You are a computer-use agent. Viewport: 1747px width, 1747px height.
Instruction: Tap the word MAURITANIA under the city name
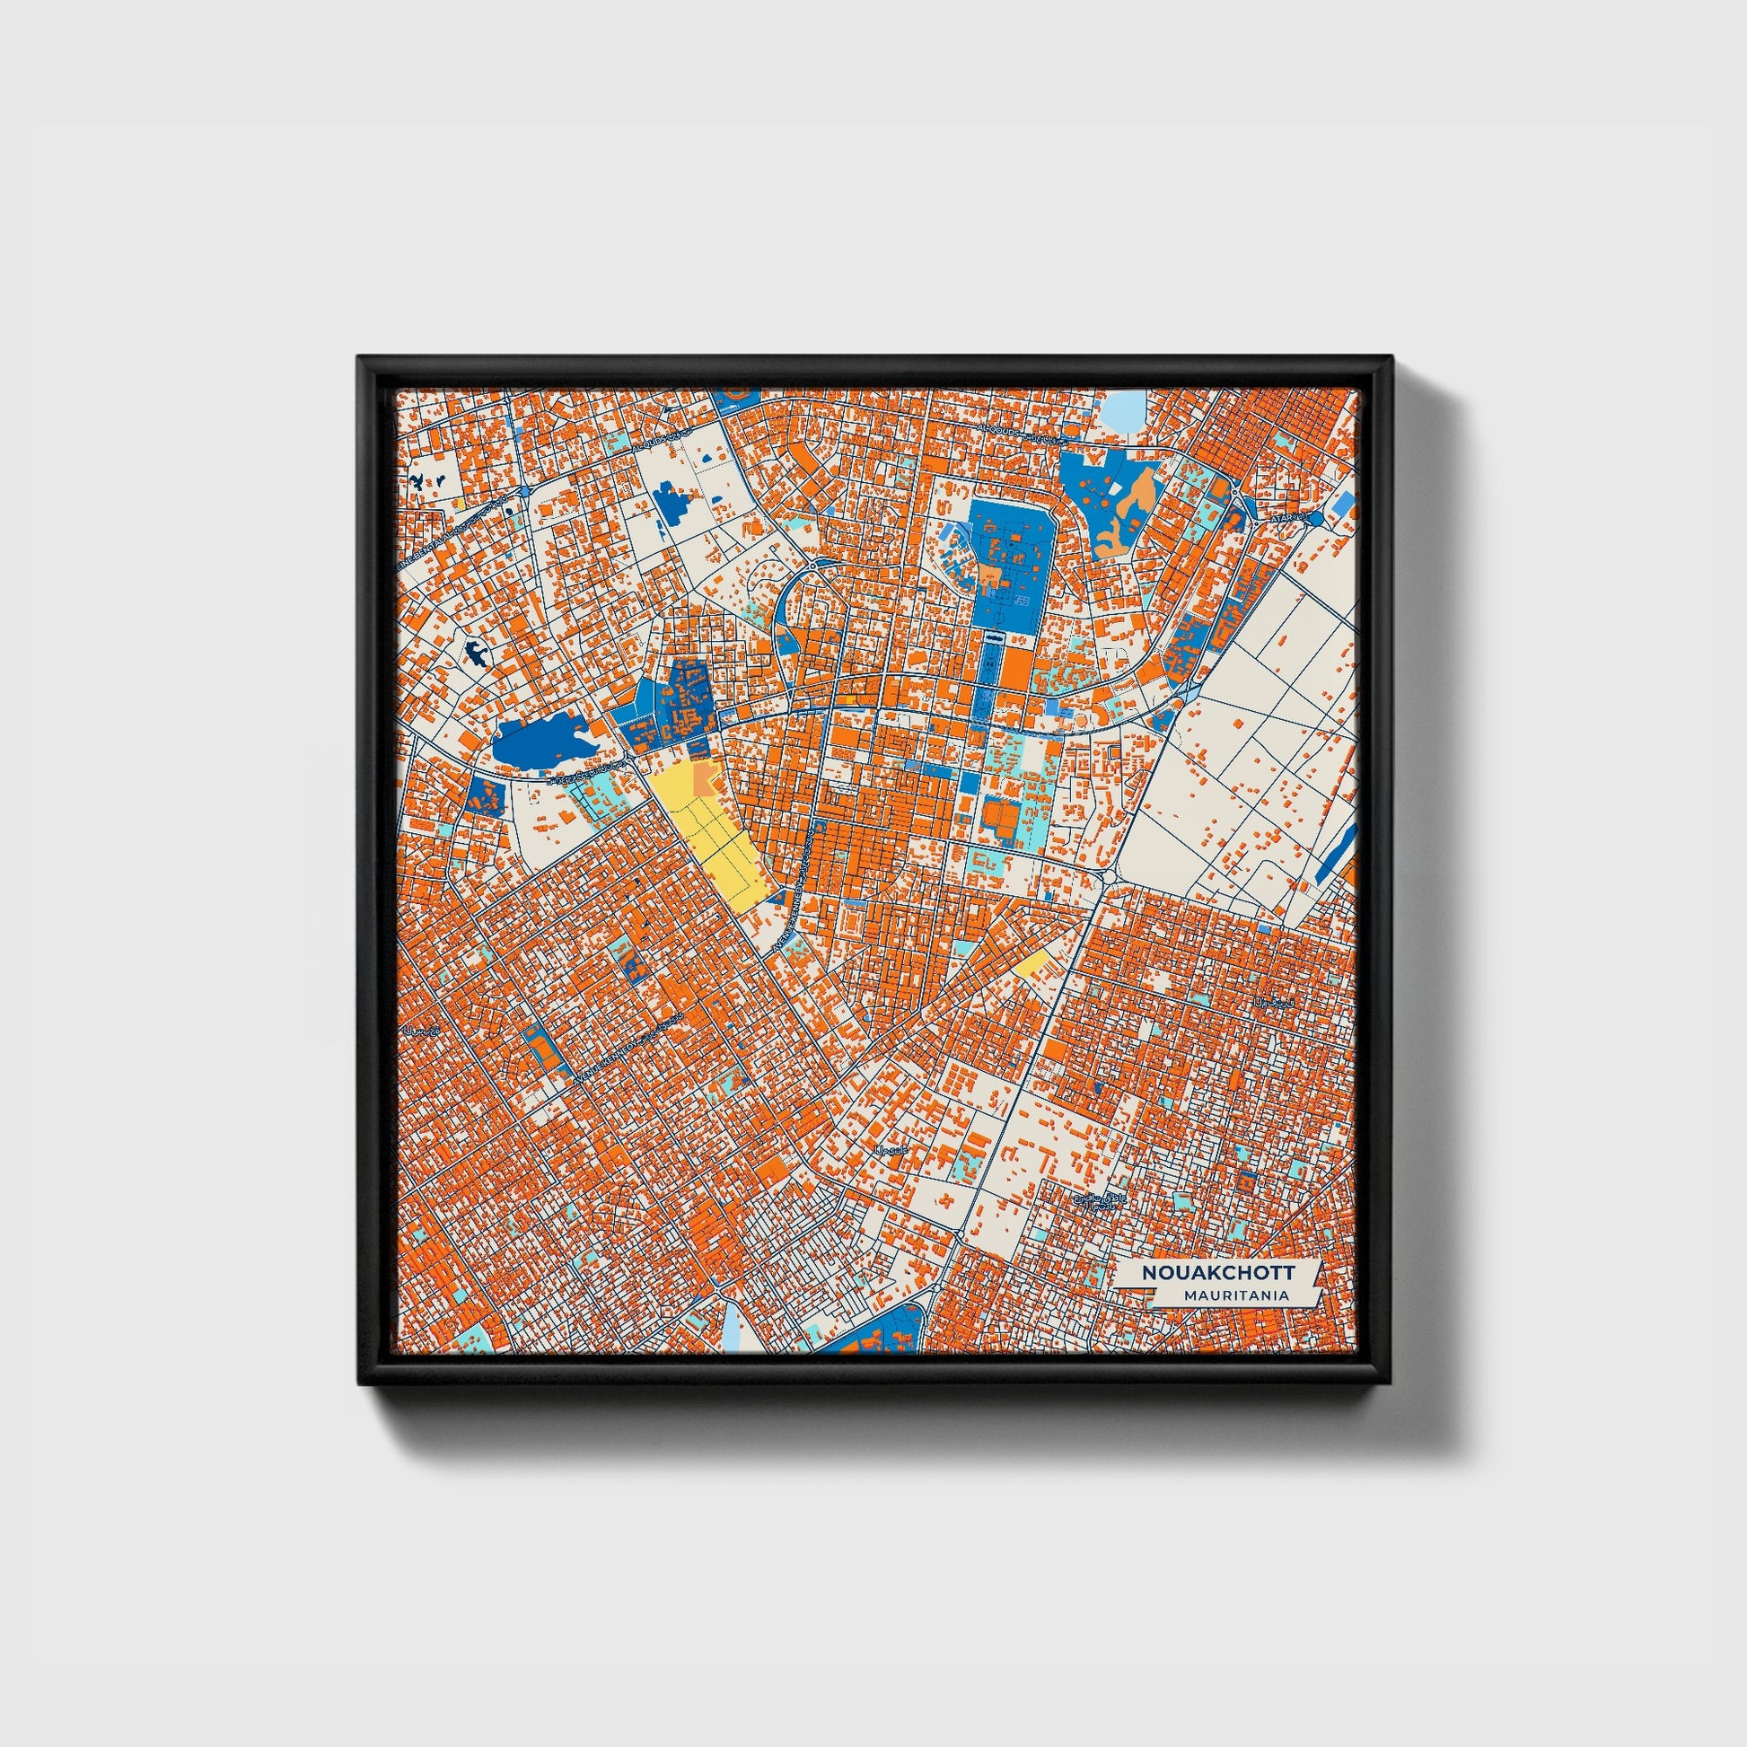pos(1233,1295)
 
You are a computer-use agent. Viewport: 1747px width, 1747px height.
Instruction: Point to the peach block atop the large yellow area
pos(705,777)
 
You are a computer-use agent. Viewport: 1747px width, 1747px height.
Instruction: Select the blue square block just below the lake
pos(487,794)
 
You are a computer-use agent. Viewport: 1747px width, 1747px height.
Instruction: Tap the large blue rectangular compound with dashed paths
pos(1010,559)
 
